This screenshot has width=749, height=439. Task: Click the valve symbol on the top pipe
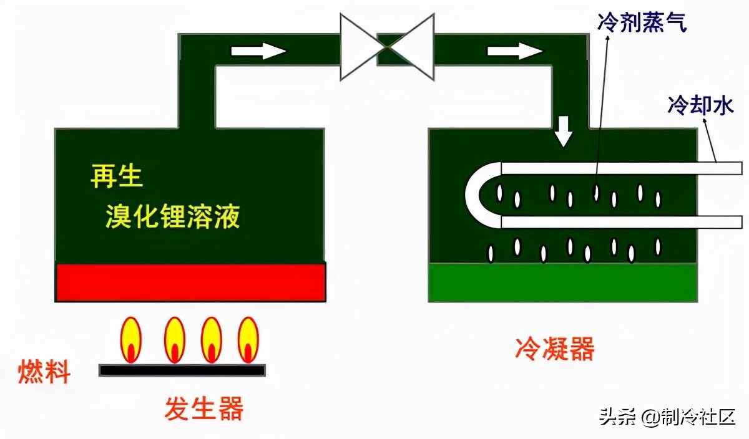click(x=387, y=47)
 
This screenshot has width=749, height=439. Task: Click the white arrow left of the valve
click(x=258, y=51)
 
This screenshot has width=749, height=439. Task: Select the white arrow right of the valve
click(x=514, y=51)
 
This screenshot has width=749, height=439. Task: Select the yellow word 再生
click(x=117, y=176)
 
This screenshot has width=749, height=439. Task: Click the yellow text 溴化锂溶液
click(x=172, y=218)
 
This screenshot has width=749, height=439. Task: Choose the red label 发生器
click(x=203, y=408)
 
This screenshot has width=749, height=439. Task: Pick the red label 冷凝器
click(x=554, y=349)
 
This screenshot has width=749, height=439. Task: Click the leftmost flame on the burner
click(x=131, y=340)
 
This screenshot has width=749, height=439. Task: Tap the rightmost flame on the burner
click(x=248, y=340)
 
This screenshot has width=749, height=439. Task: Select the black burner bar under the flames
click(x=182, y=370)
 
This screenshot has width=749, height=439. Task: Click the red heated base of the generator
click(x=190, y=282)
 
